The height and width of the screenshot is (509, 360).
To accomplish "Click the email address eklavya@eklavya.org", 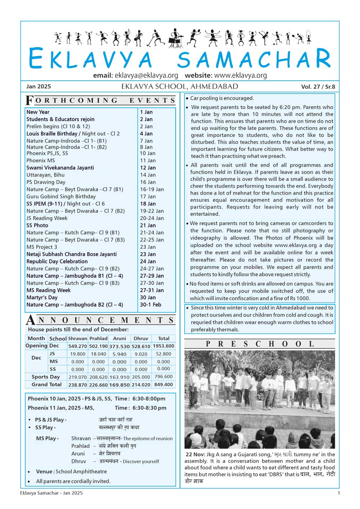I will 146,75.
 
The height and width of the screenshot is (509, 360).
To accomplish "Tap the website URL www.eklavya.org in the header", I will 240,75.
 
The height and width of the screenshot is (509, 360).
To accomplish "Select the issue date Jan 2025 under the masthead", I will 39,86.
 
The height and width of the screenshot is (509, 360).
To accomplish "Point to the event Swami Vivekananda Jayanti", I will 60,168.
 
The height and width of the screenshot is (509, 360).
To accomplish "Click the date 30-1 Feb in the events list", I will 150,304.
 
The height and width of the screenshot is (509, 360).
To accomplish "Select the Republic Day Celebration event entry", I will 57,261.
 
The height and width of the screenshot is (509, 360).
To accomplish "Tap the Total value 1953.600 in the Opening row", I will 163,346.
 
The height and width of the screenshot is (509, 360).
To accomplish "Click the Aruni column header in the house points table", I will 120,338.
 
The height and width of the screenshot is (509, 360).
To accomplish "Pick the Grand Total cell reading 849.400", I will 163,384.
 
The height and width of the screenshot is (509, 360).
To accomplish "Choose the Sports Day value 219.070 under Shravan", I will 77,377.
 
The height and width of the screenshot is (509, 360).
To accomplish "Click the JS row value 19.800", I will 77,354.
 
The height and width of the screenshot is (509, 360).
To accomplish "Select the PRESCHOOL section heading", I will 260,344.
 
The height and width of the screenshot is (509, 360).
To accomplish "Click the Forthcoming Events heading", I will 100,101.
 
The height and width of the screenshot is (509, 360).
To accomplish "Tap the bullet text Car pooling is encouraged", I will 222,98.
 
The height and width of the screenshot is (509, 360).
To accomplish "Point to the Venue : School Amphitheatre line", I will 71,471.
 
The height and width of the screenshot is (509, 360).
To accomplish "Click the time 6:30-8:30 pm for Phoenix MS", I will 149,408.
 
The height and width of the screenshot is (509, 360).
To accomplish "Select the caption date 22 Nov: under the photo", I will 195,454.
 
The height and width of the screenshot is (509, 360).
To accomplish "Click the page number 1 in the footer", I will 338,493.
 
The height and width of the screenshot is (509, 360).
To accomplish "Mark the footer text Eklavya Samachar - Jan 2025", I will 51,493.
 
